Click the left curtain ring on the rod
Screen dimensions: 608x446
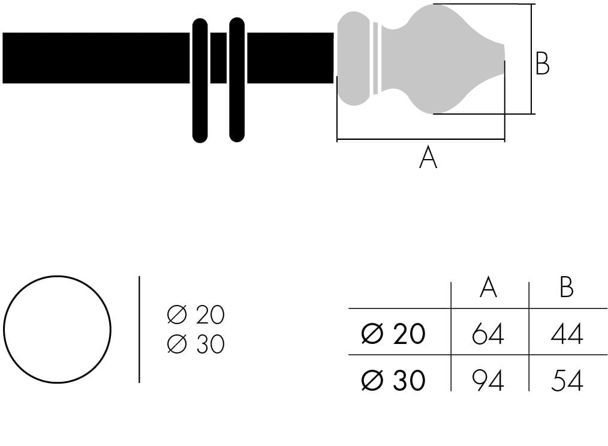tap(200, 80)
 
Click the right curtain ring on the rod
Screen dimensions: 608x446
tap(237, 80)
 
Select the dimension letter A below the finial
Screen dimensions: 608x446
tap(428, 157)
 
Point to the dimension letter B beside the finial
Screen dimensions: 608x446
tap(542, 63)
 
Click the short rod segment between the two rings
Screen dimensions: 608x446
tap(218, 58)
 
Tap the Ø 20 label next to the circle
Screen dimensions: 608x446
tap(196, 315)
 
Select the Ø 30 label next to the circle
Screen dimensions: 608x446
tap(196, 344)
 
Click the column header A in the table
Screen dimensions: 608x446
tap(488, 288)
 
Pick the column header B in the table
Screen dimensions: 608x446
tap(567, 288)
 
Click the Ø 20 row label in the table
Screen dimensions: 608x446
tap(393, 333)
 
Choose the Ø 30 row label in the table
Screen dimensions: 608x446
tap(393, 379)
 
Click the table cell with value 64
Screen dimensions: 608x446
tap(488, 334)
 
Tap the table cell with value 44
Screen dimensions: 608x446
tap(567, 334)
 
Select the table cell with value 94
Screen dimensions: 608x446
tap(488, 380)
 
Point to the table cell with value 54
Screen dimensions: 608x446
tap(567, 380)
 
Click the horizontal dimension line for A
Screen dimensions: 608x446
tap(421, 139)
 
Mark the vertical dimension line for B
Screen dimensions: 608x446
tap(531, 59)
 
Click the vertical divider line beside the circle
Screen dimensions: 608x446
tap(139, 330)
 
